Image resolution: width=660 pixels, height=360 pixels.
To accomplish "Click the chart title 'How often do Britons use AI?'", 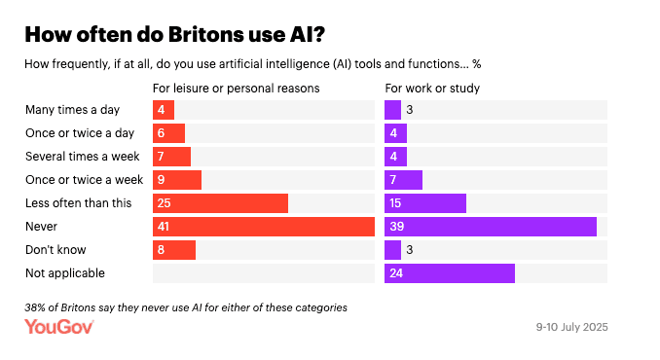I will pyautogui.click(x=174, y=35).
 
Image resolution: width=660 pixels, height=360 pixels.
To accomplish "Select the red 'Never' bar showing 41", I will pyautogui.click(x=264, y=227).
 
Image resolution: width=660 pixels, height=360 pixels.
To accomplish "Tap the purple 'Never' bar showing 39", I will pyautogui.click(x=491, y=227).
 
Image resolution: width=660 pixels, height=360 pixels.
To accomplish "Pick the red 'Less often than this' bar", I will pyautogui.click(x=221, y=203).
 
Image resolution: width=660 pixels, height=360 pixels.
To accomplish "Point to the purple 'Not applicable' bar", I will pyautogui.click(x=450, y=273).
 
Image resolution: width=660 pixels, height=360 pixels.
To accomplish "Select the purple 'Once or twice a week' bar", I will pyautogui.click(x=404, y=180).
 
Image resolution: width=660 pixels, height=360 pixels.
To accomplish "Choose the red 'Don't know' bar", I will pyautogui.click(x=174, y=250).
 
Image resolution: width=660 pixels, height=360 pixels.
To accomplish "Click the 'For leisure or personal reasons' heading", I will pyautogui.click(x=237, y=89).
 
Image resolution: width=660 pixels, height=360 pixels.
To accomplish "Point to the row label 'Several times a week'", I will pyautogui.click(x=82, y=157).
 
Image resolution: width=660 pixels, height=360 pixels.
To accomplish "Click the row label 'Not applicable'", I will pyautogui.click(x=65, y=273).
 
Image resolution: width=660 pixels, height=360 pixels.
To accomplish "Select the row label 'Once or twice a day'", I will pyautogui.click(x=80, y=133).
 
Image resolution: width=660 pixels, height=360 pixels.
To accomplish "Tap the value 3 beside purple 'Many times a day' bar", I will pyautogui.click(x=411, y=110).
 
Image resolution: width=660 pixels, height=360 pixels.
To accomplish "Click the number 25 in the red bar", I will pyautogui.click(x=165, y=203).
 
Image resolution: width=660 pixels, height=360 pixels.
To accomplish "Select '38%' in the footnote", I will pyautogui.click(x=38, y=306).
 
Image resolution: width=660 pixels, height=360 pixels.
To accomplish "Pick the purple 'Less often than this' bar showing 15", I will pyautogui.click(x=425, y=203).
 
